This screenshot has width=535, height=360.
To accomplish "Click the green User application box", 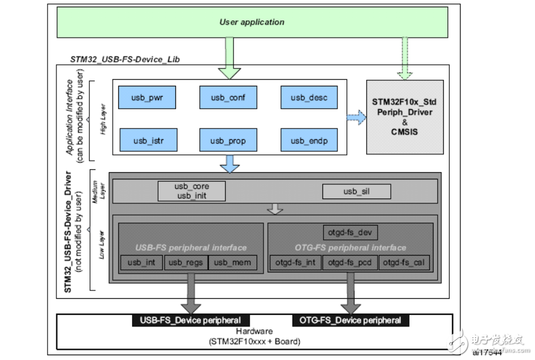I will click(x=252, y=23).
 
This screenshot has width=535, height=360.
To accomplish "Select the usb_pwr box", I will click(x=147, y=97).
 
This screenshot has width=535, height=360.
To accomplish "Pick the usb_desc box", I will click(x=309, y=97).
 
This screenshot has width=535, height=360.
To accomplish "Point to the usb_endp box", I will click(x=309, y=140).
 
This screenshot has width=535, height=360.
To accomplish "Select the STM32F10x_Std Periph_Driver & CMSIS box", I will click(x=405, y=117).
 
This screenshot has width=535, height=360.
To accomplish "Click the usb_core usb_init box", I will click(x=192, y=191).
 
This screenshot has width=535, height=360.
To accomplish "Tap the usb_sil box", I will click(x=357, y=191).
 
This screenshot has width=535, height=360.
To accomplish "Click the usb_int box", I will click(x=142, y=262).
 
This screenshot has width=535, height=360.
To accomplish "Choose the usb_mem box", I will click(x=233, y=262).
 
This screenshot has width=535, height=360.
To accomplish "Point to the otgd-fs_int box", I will click(x=295, y=262).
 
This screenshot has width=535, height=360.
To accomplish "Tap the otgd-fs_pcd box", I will click(x=349, y=262).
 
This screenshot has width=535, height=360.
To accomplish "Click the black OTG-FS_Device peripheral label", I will click(x=350, y=320).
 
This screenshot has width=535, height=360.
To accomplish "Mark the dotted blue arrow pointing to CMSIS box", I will click(x=355, y=118).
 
